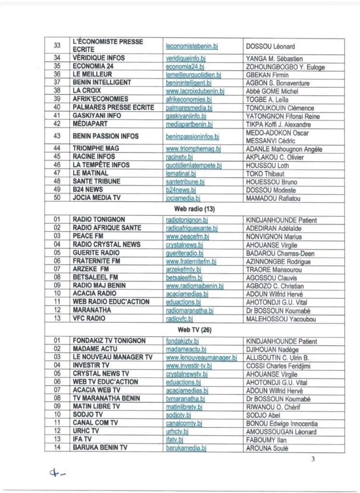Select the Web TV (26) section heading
(195, 330)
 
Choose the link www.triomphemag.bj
(193, 149)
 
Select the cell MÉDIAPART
(91, 124)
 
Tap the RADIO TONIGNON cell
(100, 220)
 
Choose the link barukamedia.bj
(186, 448)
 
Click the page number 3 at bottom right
(313, 459)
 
